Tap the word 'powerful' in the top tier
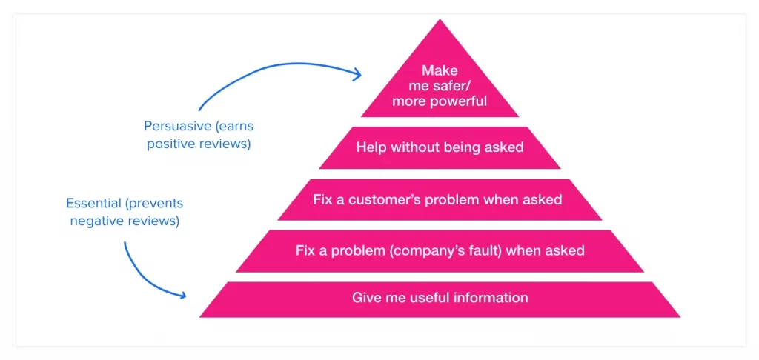[460, 101]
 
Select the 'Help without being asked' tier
[440, 147]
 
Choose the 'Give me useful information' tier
[440, 299]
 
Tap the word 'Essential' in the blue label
[93, 203]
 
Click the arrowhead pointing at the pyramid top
[357, 75]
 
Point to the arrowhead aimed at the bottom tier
[181, 294]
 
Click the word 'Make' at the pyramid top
[440, 70]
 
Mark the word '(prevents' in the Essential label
[154, 204]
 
